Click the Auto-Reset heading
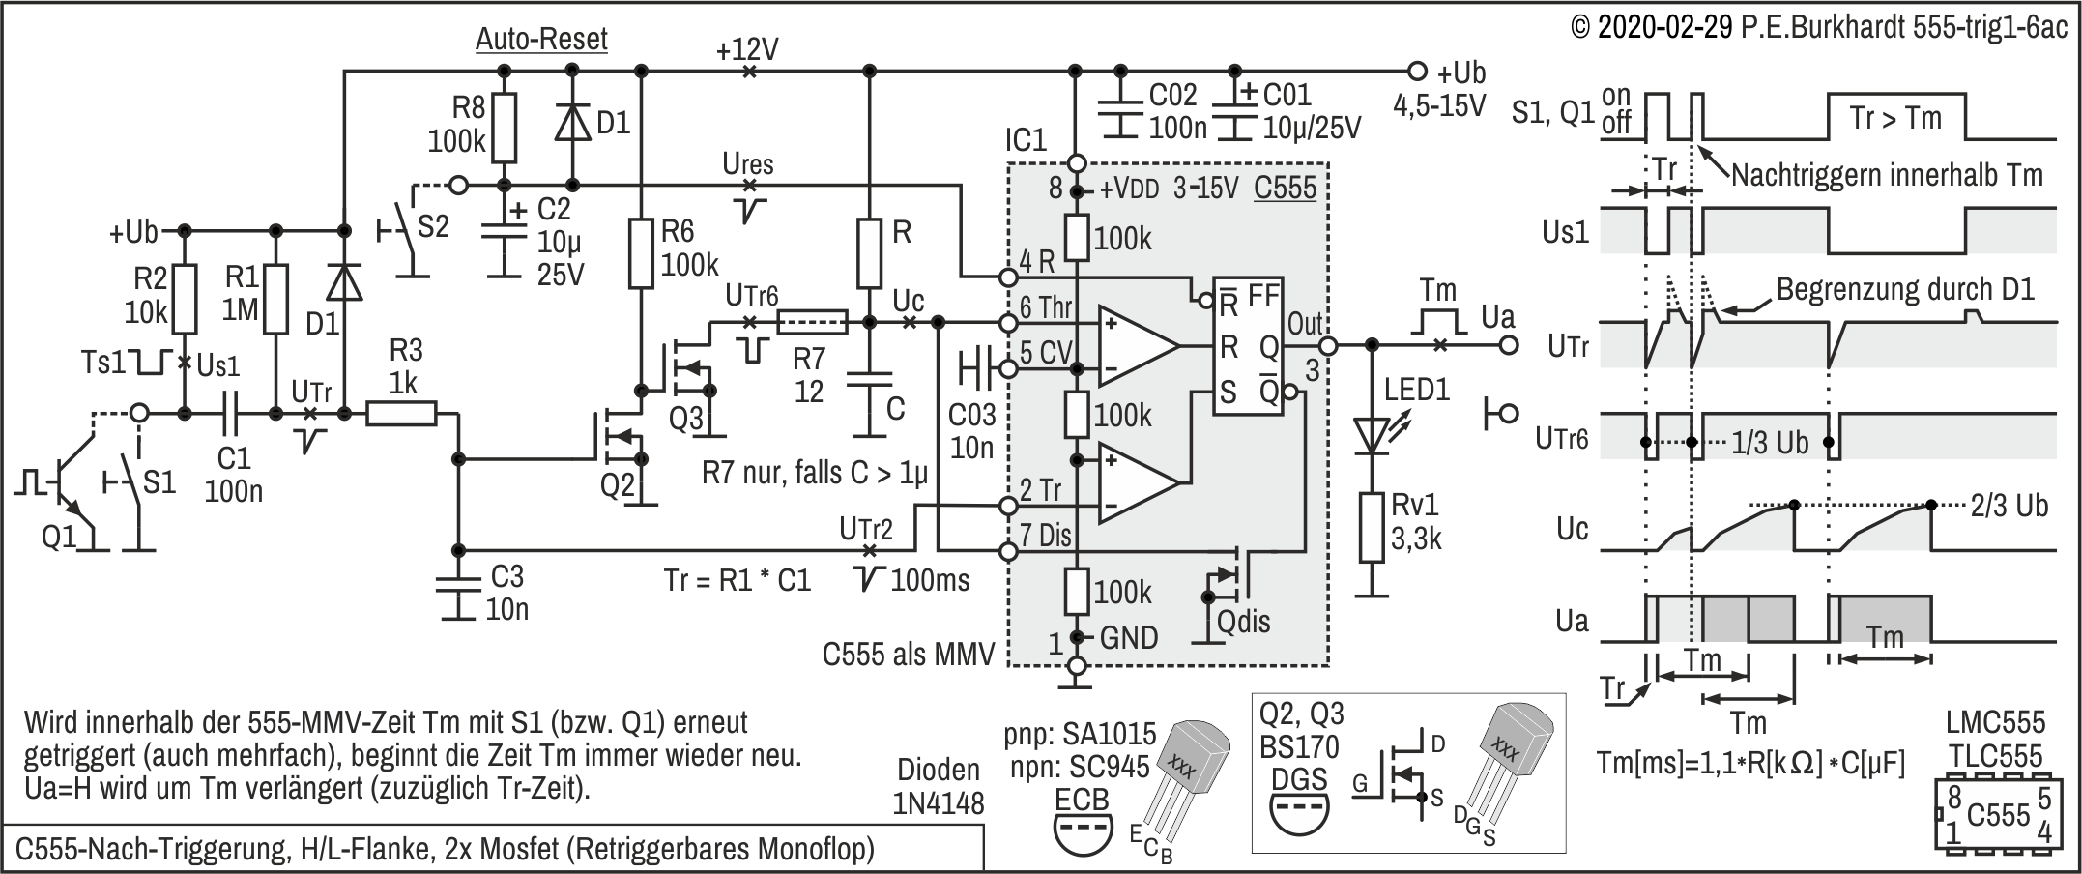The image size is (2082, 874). click(541, 40)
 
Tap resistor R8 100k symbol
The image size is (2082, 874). click(503, 129)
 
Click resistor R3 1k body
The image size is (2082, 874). click(401, 414)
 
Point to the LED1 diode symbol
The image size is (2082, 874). click(1370, 435)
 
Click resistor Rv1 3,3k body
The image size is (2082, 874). click(1370, 527)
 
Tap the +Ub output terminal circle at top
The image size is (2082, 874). click(1417, 71)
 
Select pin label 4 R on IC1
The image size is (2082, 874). click(1037, 261)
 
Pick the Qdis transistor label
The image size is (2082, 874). click(1243, 622)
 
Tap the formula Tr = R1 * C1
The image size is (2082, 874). click(737, 580)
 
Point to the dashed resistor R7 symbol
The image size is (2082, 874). click(811, 322)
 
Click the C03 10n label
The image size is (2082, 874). click(970, 430)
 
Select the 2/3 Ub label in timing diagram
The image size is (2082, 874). click(2009, 506)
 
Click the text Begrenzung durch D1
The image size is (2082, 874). click(1905, 289)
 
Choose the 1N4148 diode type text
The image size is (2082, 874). click(940, 802)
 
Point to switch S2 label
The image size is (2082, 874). click(433, 226)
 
